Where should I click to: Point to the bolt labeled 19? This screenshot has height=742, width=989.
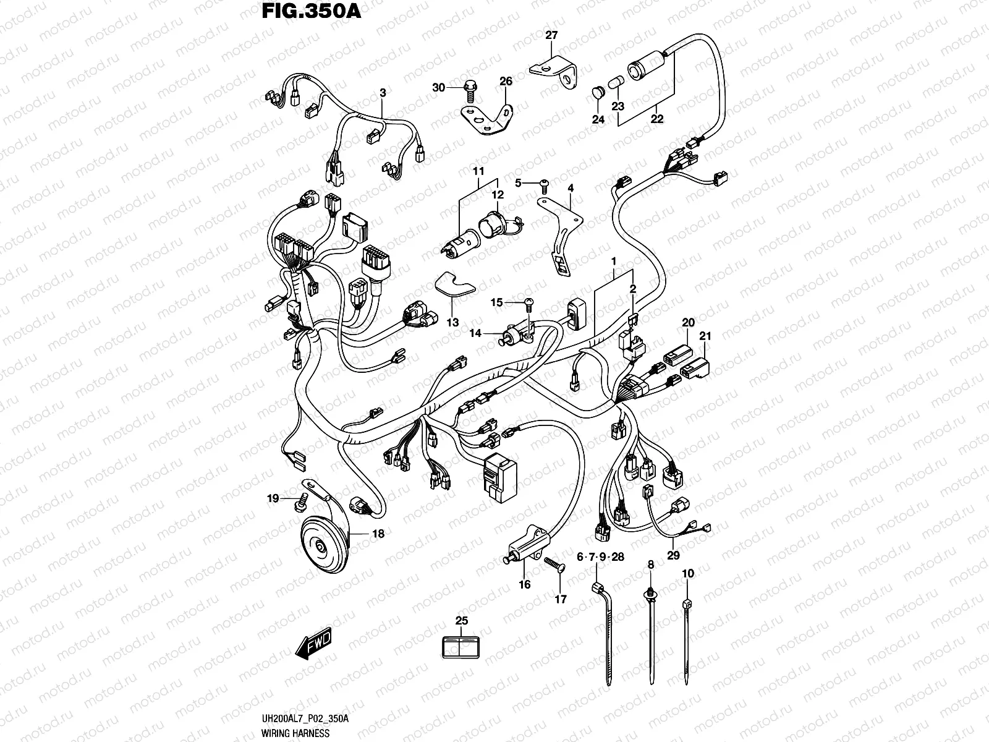pyautogui.click(x=301, y=500)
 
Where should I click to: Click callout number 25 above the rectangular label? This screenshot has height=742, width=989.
pyautogui.click(x=461, y=621)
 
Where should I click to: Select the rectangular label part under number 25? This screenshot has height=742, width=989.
pyautogui.click(x=461, y=646)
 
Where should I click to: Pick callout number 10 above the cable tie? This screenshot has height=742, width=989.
pyautogui.click(x=688, y=574)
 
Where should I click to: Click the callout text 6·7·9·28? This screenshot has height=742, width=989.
pyautogui.click(x=600, y=557)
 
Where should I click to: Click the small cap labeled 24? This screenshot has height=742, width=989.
pyautogui.click(x=597, y=93)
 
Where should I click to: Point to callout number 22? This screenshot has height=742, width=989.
pyautogui.click(x=656, y=119)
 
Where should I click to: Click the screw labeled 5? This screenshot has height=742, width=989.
pyautogui.click(x=544, y=182)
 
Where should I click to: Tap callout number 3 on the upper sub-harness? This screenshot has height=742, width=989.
pyautogui.click(x=383, y=93)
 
